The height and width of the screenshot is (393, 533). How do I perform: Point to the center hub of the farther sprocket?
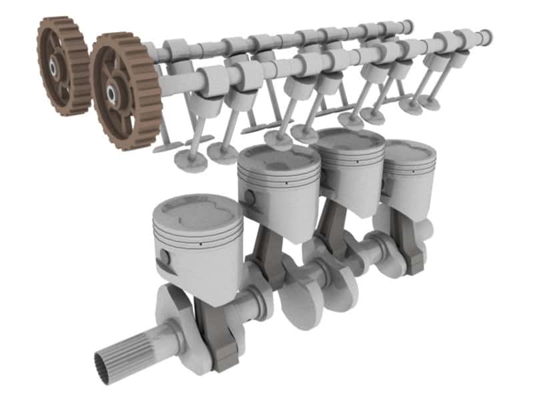tap(51, 65)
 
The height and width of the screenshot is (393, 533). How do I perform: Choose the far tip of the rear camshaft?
tap(407, 26)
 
